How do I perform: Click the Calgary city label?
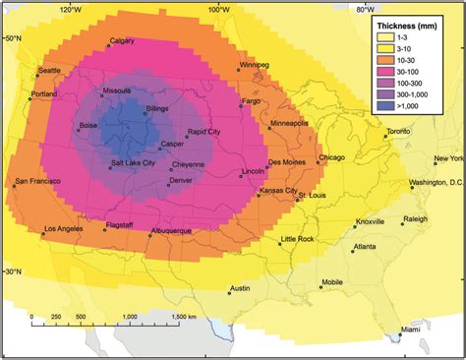122,41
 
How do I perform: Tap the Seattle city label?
50,71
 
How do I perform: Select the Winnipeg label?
253,66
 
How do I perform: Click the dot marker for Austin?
225,292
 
